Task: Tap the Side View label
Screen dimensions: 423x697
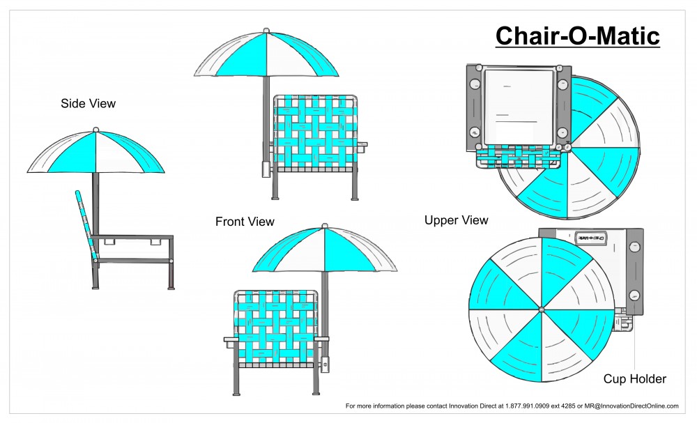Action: (88, 104)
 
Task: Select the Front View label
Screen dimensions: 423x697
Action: (245, 222)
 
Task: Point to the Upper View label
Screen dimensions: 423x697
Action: (456, 220)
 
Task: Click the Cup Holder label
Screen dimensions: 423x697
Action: (634, 379)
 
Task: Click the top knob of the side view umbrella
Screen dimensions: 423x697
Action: (95, 130)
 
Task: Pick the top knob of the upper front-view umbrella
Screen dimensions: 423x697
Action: (266, 30)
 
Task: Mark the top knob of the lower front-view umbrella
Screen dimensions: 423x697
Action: (324, 226)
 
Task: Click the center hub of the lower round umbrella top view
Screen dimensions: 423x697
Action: (541, 309)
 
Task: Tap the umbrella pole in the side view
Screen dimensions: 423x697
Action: (96, 202)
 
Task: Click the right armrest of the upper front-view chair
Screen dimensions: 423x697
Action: (362, 146)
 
